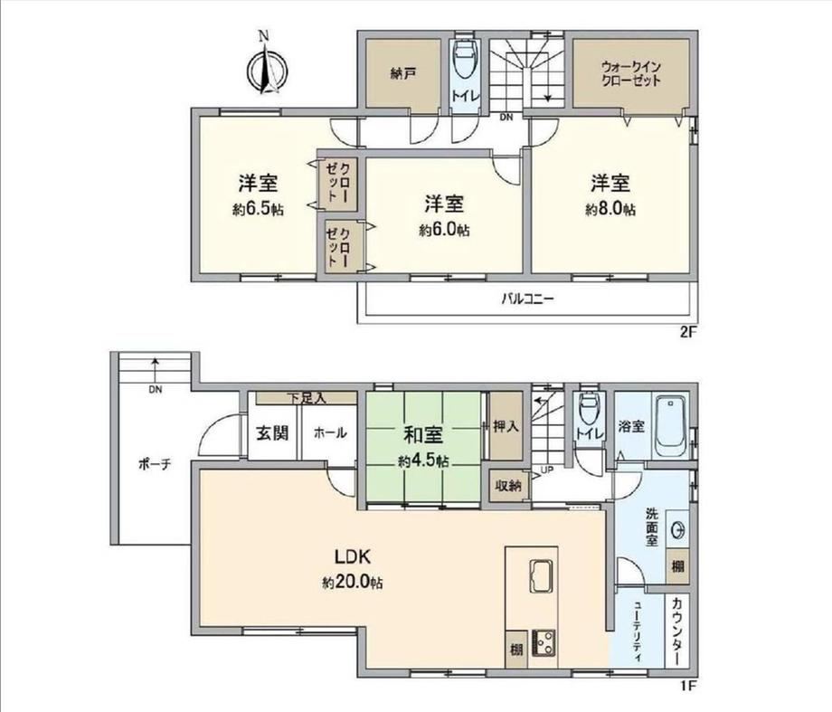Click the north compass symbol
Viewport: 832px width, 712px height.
(x=267, y=68)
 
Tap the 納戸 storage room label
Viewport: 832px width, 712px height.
(x=402, y=73)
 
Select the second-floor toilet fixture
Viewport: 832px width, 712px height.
(x=467, y=60)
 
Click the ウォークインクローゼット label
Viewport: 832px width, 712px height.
(x=631, y=74)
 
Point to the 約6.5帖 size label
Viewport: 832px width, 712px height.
(x=258, y=210)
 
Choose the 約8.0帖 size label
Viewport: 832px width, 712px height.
(x=610, y=209)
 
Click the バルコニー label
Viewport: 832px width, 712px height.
(x=528, y=299)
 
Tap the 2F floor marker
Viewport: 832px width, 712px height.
(x=687, y=333)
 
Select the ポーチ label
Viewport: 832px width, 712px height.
(x=155, y=465)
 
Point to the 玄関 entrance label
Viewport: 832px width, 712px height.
(x=272, y=432)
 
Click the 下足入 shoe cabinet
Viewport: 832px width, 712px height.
(x=307, y=398)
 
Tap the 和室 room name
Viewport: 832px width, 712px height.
(x=423, y=435)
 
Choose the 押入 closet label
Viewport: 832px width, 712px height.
(x=506, y=426)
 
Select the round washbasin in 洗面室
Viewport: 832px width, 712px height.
(x=678, y=529)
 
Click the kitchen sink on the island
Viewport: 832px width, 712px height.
(x=541, y=575)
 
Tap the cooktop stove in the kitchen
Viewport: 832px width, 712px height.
(x=544, y=642)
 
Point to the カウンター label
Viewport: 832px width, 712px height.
(x=677, y=631)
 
